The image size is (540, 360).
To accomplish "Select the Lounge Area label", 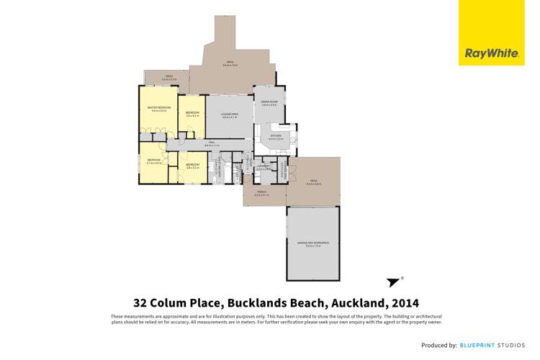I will (x=229, y=115).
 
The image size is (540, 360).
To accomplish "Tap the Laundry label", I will (x=264, y=167).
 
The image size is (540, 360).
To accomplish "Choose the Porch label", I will (x=260, y=194).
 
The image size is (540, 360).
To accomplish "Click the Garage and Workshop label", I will (x=312, y=243).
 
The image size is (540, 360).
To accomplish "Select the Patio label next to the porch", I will (x=313, y=181).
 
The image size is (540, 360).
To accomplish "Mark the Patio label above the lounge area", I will (x=231, y=63).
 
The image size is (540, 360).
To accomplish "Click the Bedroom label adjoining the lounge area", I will (x=192, y=113).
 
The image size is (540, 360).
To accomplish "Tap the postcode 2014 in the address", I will (x=405, y=303).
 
